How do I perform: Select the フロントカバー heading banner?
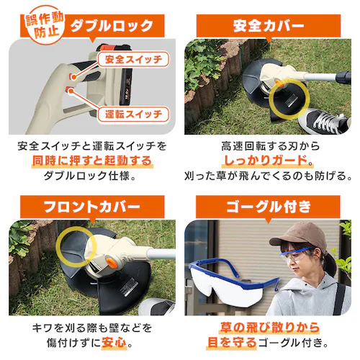click(x=91, y=207)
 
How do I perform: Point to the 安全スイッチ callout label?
click(x=132, y=58)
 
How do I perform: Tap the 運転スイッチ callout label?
click(x=132, y=113)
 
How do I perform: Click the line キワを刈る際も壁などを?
click(x=91, y=326)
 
